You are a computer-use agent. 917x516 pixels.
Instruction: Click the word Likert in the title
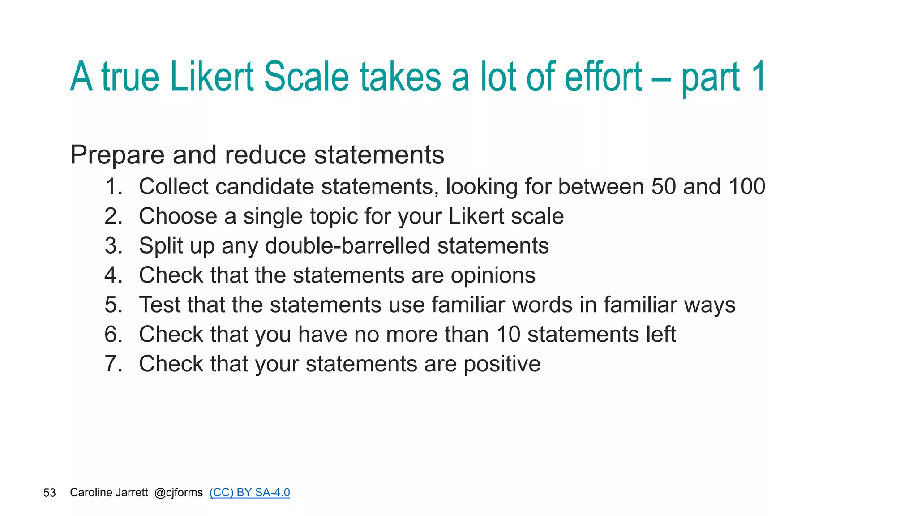[x=212, y=77]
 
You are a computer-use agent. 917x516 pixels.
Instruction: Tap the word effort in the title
[x=603, y=77]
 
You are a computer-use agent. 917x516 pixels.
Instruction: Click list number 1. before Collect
[x=113, y=187]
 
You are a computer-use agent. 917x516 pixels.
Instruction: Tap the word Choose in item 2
[x=178, y=216]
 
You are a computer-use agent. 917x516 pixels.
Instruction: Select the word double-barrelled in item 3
[x=347, y=246]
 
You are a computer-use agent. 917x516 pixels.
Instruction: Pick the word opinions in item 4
[x=493, y=275]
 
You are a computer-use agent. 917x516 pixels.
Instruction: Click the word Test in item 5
[x=159, y=305]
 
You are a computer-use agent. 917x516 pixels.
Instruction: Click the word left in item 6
[x=660, y=335]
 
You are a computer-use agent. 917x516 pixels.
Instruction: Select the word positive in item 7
[x=502, y=364]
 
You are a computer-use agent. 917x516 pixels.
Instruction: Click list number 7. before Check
[x=113, y=364]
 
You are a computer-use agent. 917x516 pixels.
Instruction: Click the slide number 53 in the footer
[x=49, y=493]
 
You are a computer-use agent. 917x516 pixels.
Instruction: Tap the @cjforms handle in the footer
[x=178, y=493]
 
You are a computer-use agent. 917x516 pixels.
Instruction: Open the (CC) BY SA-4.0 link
[x=249, y=493]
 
